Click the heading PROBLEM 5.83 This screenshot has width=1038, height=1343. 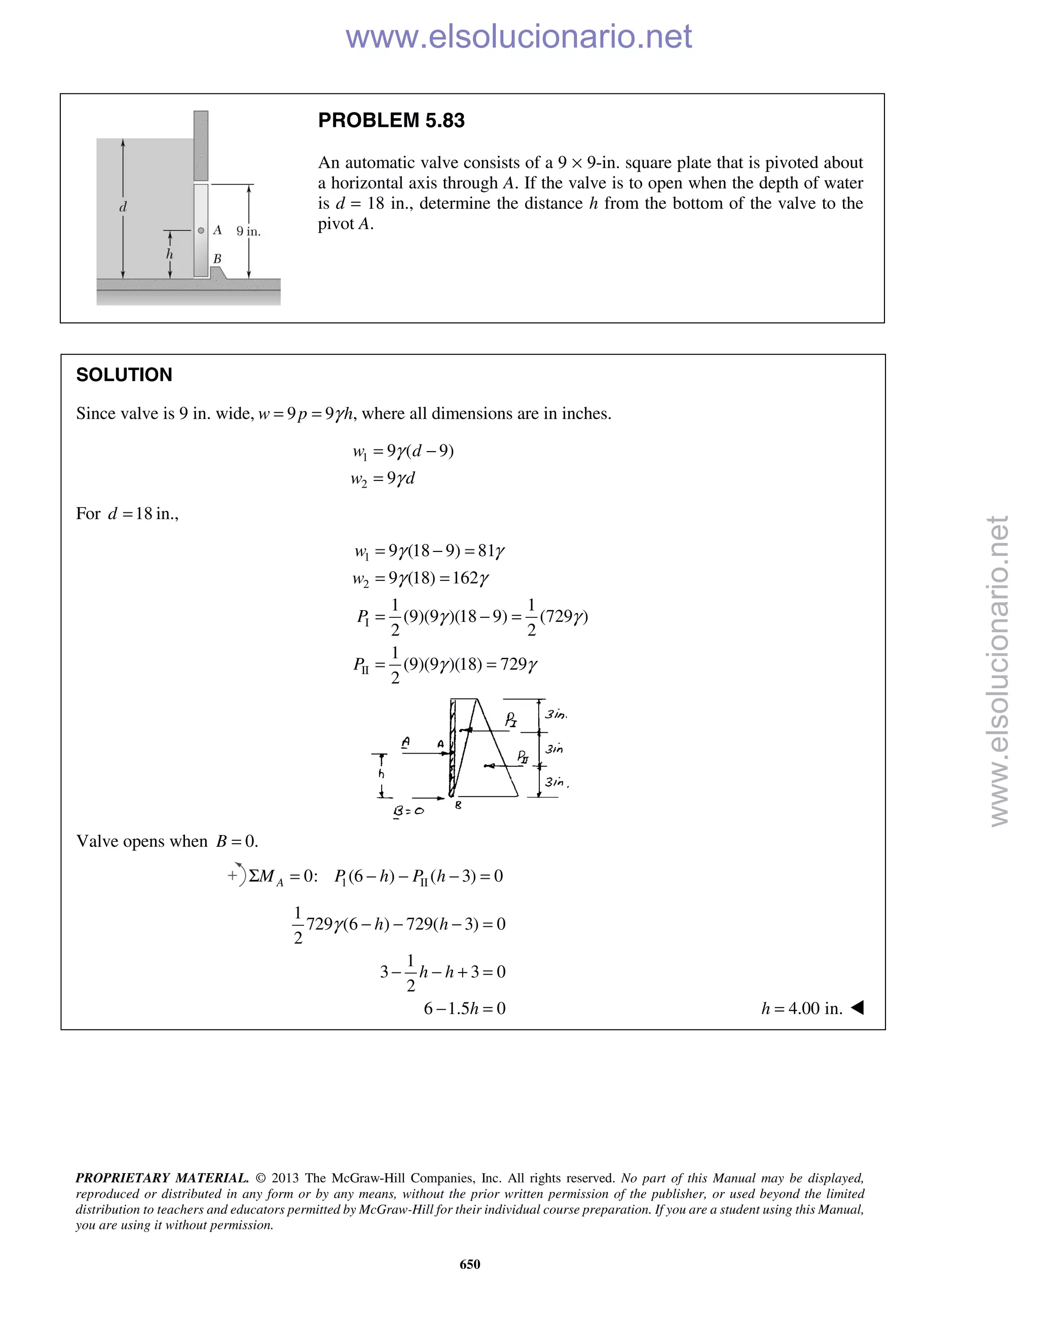coord(391,121)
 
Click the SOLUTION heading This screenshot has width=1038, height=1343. coord(124,375)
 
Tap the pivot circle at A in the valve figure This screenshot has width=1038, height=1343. coord(201,231)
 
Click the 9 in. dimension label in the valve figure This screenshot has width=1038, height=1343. coord(248,232)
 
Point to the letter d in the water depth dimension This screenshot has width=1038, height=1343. coord(123,207)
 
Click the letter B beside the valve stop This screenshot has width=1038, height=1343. coord(217,259)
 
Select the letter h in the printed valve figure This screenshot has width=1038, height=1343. coord(170,254)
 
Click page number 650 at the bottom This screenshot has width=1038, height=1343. coord(470,1263)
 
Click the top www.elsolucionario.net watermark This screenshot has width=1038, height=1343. coord(518,37)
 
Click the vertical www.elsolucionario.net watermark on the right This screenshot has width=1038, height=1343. coord(999,670)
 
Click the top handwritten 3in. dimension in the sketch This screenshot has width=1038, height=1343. coord(556,714)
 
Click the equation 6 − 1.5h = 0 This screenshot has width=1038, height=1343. coord(464,1009)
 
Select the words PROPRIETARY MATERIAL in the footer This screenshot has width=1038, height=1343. coord(162,1178)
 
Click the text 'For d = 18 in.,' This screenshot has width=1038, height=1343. coord(127,513)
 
